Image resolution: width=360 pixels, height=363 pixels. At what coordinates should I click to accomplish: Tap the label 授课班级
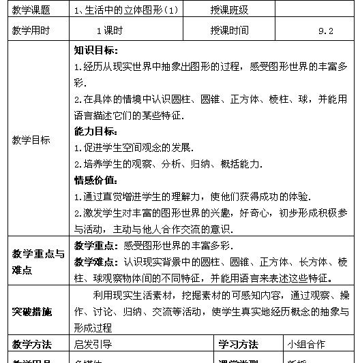click(x=230, y=10)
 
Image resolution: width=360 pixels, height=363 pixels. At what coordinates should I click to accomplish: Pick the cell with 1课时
click(x=108, y=31)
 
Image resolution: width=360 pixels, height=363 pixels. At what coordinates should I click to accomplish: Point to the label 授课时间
click(x=230, y=30)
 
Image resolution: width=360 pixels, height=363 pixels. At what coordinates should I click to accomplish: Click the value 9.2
click(x=325, y=31)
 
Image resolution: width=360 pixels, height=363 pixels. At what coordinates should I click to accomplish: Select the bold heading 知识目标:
click(x=96, y=50)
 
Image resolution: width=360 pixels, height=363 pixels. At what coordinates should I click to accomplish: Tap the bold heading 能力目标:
click(x=96, y=131)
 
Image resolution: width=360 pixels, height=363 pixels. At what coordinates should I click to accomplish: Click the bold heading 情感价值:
click(x=96, y=180)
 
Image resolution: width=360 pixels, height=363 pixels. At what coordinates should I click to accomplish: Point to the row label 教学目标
click(x=31, y=140)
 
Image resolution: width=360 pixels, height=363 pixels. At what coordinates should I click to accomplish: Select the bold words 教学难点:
click(x=97, y=262)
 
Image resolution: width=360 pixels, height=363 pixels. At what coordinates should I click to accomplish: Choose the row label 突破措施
click(x=31, y=312)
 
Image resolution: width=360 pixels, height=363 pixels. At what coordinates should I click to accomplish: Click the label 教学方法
click(x=31, y=344)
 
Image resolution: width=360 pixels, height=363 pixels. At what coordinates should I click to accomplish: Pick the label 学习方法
click(x=238, y=344)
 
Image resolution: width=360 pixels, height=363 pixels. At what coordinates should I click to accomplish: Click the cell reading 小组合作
click(x=306, y=344)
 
